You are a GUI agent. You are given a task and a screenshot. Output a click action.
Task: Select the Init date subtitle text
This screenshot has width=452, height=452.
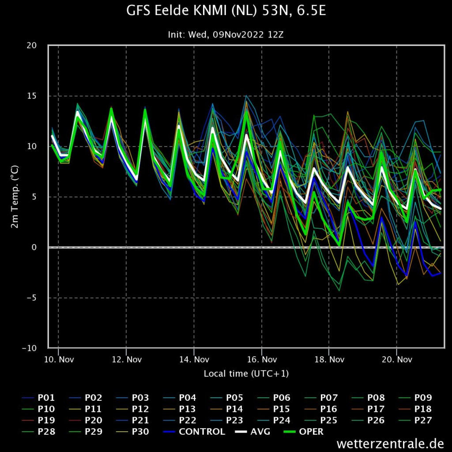(226, 35)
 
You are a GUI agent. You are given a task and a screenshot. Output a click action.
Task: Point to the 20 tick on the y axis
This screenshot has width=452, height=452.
(32, 45)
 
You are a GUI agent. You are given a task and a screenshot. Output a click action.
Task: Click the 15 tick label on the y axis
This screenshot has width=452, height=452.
(32, 96)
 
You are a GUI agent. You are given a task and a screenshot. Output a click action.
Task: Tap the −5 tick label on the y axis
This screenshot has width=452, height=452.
(32, 298)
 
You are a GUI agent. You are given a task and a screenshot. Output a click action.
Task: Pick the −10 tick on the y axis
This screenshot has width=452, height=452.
(30, 348)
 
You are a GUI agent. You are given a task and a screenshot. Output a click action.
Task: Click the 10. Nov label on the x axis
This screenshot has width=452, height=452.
(59, 359)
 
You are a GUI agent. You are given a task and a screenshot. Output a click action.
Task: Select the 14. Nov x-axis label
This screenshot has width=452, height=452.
(194, 359)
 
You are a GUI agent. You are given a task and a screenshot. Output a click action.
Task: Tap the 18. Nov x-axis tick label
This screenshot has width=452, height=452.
(329, 359)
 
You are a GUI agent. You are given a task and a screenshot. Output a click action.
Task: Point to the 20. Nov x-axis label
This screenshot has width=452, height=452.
(397, 359)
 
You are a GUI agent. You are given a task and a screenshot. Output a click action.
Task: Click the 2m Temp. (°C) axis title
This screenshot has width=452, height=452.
(15, 196)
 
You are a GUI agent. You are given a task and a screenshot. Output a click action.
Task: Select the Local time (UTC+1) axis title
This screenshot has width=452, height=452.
(246, 373)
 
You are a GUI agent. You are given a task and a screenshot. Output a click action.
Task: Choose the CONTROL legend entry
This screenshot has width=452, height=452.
(194, 432)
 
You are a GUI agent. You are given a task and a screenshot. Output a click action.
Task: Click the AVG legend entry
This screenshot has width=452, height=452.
(252, 432)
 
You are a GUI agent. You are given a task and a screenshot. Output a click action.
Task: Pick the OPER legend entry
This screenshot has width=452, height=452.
(304, 432)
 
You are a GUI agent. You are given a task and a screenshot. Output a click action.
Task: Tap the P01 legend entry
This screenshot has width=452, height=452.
(38, 398)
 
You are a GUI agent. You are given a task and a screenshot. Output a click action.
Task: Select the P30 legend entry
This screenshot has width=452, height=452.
(132, 432)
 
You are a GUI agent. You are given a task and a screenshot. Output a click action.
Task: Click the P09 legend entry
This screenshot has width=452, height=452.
(415, 398)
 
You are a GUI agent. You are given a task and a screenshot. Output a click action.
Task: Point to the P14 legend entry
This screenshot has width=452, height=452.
(226, 409)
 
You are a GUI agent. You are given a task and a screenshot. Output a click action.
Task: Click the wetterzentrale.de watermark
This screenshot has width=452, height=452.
(390, 443)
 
